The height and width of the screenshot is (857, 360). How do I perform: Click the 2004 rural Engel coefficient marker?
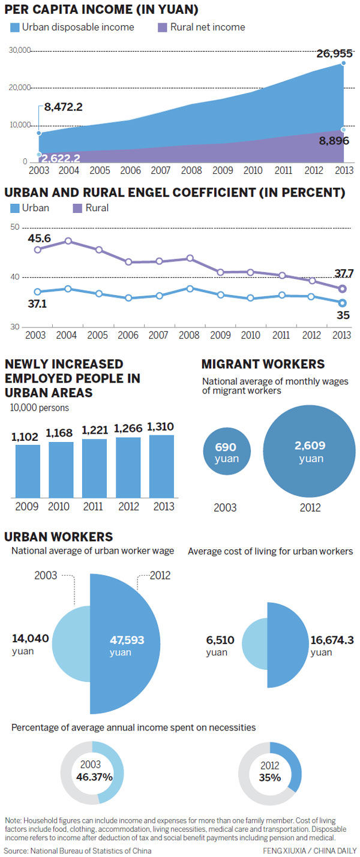click(68, 241)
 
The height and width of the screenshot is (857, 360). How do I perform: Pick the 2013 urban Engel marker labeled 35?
click(343, 303)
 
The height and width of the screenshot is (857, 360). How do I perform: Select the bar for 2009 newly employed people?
click(28, 471)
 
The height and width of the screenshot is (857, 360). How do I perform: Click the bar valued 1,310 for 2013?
click(162, 466)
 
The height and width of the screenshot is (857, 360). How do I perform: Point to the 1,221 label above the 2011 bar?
click(95, 430)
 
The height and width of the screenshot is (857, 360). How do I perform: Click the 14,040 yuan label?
click(31, 639)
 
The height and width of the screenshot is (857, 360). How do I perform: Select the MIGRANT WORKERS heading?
click(263, 364)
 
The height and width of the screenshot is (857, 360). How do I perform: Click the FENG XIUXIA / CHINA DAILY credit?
click(309, 850)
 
